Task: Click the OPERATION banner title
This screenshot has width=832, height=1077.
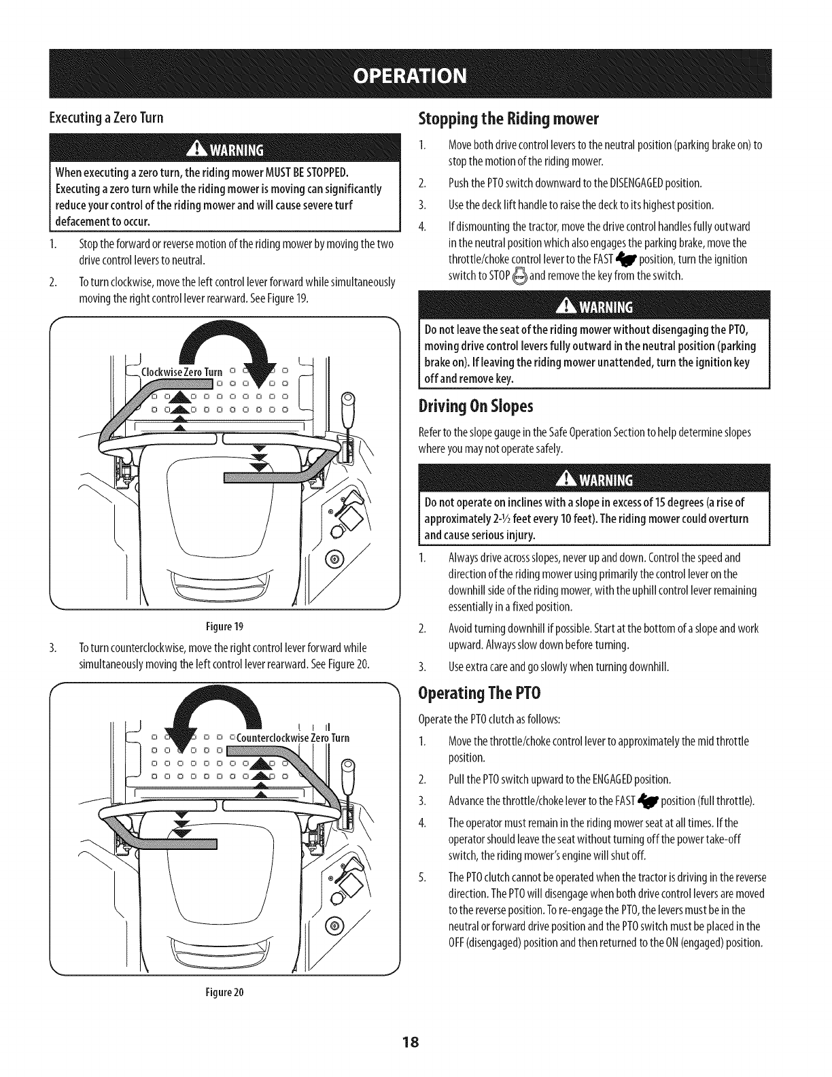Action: tap(416, 75)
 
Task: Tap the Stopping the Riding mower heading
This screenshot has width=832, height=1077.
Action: tap(507, 120)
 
